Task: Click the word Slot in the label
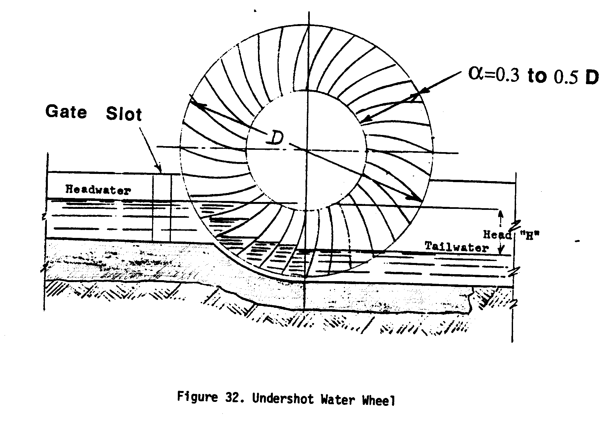pos(124,114)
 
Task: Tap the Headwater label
pos(98,190)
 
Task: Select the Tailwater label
pos(456,247)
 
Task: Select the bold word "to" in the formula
pos(537,77)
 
